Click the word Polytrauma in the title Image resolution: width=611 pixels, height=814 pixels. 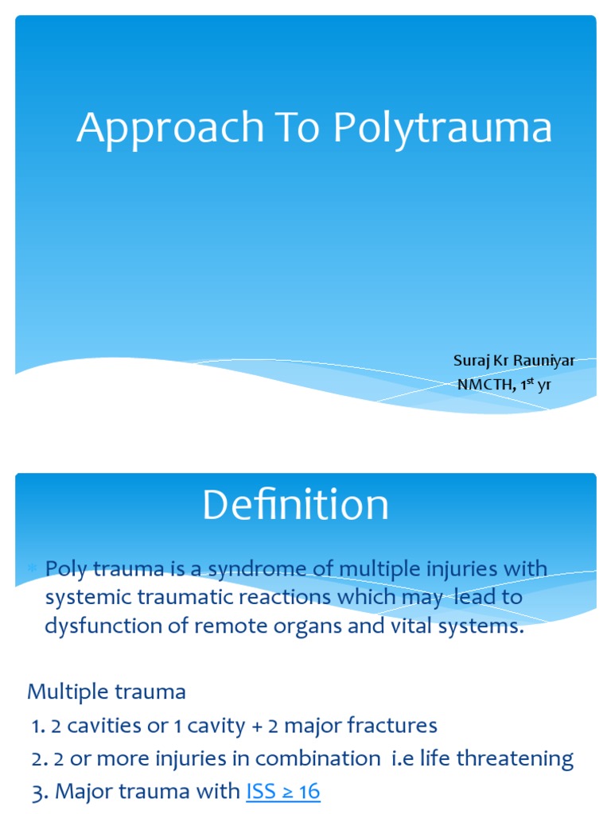[442, 129]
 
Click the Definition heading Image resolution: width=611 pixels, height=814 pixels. [295, 506]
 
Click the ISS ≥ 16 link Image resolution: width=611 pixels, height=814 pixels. [283, 791]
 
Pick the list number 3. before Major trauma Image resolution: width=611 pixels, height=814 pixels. [39, 791]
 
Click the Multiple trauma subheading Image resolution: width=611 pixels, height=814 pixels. [107, 692]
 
